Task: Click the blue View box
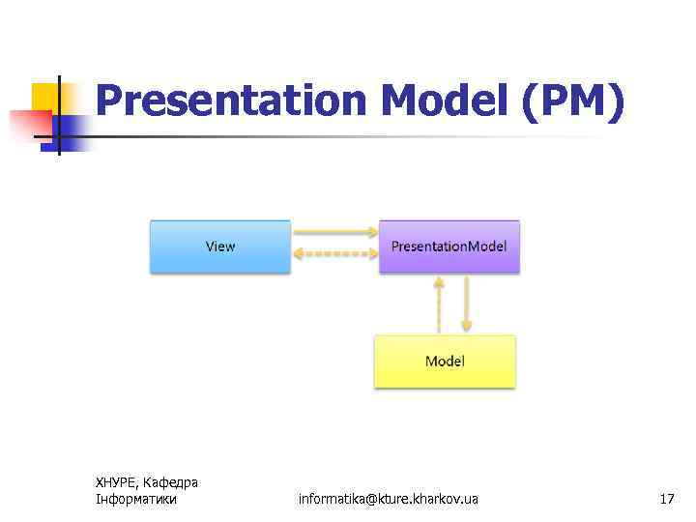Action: click(220, 246)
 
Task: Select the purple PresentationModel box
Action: click(449, 246)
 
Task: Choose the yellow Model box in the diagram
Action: click(445, 362)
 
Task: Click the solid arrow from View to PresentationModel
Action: click(334, 232)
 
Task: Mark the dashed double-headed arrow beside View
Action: click(334, 255)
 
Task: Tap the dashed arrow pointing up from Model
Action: click(439, 304)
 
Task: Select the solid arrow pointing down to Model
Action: click(466, 304)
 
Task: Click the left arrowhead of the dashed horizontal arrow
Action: click(299, 255)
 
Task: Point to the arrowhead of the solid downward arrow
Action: click(466, 327)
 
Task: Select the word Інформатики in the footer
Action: click(136, 499)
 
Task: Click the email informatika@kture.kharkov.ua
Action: click(388, 499)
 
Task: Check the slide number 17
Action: click(666, 499)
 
